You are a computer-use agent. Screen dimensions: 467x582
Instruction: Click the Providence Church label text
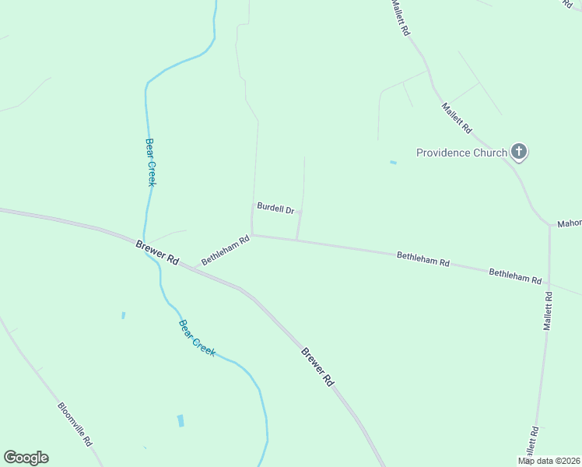(461, 153)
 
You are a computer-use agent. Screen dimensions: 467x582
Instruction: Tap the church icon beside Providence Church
(520, 152)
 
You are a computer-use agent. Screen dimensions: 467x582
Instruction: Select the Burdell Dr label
(275, 209)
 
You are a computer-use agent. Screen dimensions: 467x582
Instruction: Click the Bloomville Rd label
(75, 423)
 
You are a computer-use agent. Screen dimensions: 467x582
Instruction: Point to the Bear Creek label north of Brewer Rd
(151, 162)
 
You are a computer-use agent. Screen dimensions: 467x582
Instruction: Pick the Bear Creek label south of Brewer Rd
(197, 338)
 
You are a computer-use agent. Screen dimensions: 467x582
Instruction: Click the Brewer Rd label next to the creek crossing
(157, 255)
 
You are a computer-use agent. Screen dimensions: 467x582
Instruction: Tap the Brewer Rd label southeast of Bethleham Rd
(317, 367)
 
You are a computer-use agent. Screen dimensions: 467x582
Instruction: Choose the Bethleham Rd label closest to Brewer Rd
(225, 251)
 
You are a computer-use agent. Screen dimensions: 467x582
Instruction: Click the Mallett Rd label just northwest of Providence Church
(457, 118)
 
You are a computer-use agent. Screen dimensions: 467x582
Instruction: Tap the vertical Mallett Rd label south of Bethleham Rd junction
(548, 311)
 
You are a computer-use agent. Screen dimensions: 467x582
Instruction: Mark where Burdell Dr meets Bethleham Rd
(296, 240)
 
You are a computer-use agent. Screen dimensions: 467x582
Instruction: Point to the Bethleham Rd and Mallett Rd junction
(549, 283)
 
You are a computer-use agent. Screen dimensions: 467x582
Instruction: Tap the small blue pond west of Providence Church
(393, 163)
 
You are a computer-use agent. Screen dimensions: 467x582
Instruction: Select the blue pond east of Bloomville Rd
(181, 420)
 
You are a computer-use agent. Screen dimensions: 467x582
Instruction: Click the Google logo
(26, 458)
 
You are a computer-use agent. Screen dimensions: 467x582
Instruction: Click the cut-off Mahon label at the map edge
(569, 224)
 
